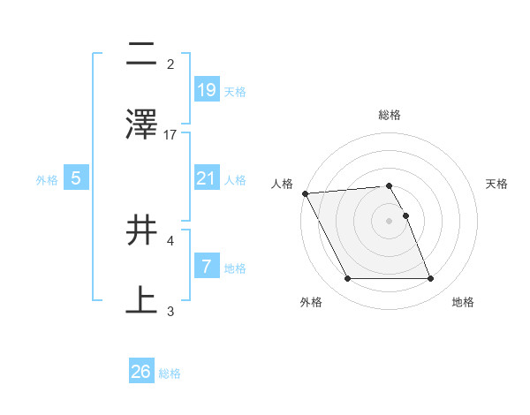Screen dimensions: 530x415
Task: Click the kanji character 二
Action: pos(141,56)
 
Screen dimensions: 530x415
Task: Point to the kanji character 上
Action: pos(141,298)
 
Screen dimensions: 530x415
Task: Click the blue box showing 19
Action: pos(206,89)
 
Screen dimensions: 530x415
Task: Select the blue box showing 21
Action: pos(206,178)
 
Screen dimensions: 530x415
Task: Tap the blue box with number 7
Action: pos(206,267)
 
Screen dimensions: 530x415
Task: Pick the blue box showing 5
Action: pos(76,178)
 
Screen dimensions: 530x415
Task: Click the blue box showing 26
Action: pos(141,372)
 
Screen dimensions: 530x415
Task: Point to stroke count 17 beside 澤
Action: pos(170,134)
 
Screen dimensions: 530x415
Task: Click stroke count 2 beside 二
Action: pos(170,64)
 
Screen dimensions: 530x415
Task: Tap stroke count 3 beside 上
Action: pos(170,310)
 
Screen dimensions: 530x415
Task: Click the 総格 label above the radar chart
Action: pos(390,115)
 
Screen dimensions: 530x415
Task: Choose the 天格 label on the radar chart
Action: pos(497,184)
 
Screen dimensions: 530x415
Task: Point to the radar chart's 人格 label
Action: pos(282,184)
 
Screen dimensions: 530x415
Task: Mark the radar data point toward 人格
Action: pos(306,193)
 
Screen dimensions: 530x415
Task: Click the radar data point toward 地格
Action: pos(430,279)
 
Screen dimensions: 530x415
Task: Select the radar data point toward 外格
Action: pos(347,279)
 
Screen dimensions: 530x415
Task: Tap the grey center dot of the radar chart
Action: pos(390,221)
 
